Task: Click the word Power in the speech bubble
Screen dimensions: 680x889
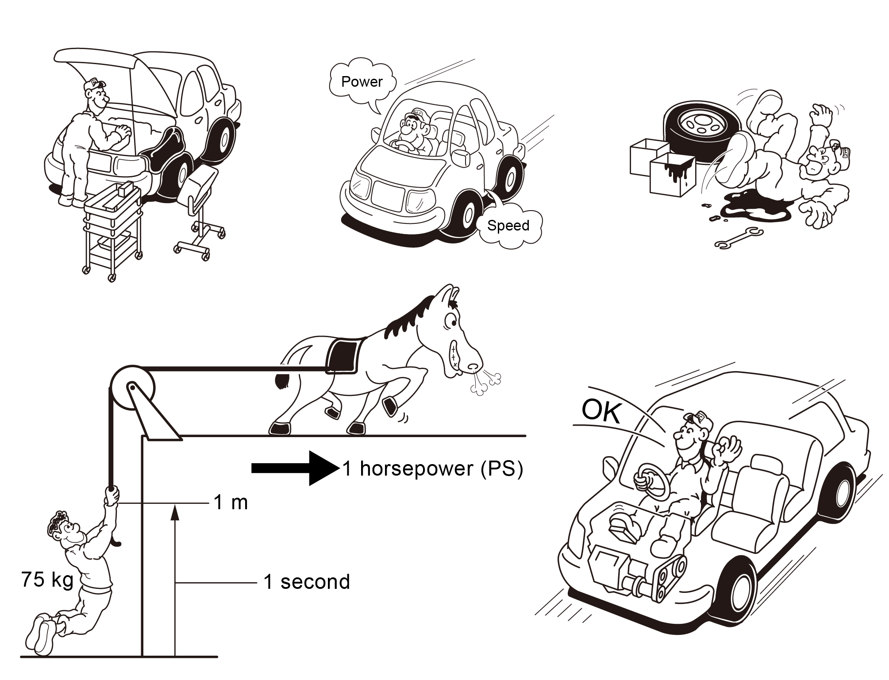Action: (362, 82)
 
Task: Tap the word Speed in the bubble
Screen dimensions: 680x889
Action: (508, 226)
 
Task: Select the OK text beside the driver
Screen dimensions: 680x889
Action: (601, 411)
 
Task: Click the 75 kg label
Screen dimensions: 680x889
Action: (47, 580)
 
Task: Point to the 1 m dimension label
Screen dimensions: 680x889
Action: (231, 503)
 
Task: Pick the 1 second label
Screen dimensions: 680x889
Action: (307, 582)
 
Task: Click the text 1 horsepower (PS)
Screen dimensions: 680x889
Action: (433, 469)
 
